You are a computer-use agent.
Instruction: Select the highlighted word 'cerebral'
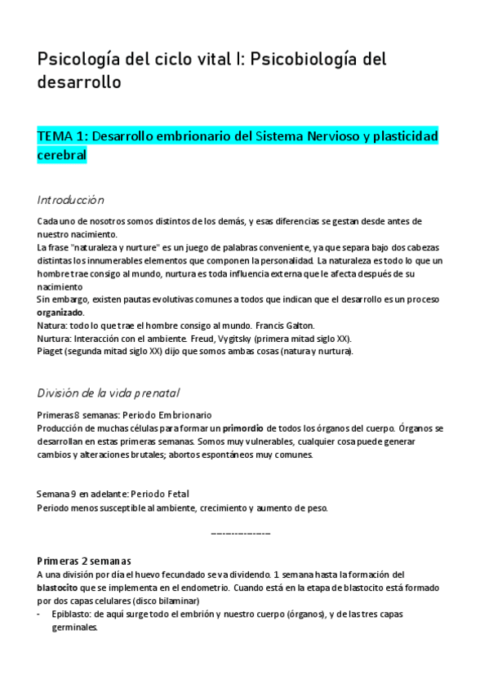point(61,155)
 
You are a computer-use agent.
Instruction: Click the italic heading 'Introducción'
point(70,200)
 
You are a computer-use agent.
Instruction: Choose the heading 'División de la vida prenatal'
point(108,393)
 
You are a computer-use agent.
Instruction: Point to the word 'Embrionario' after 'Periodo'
point(180,415)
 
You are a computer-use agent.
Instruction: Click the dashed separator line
point(240,533)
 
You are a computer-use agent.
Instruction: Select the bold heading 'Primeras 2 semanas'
point(83,561)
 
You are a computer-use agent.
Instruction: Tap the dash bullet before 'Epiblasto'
point(41,614)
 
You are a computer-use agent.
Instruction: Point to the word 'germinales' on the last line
point(73,628)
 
